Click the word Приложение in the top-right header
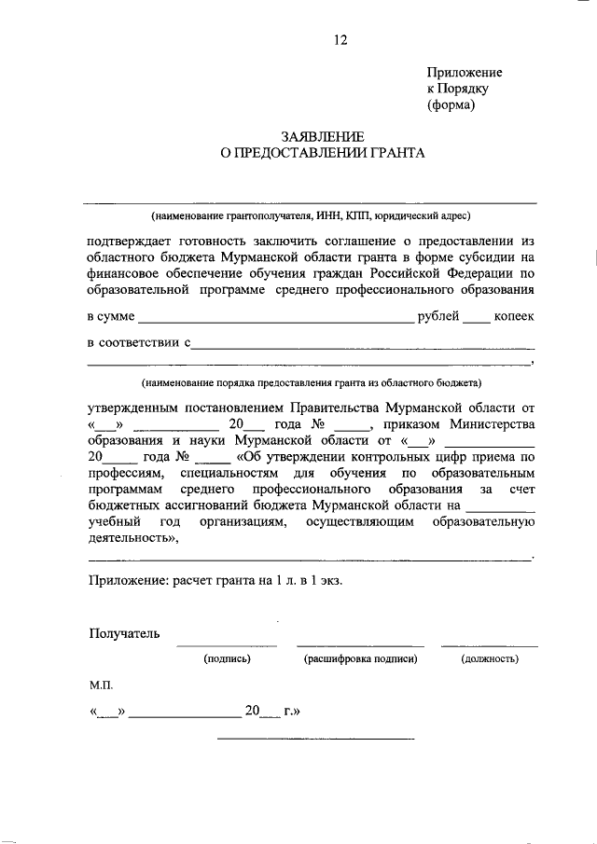[465, 72]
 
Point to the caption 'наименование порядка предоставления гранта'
[311, 382]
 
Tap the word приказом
[412, 424]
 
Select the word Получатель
[124, 634]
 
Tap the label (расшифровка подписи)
[360, 659]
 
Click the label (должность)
[490, 659]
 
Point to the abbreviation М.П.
[101, 685]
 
